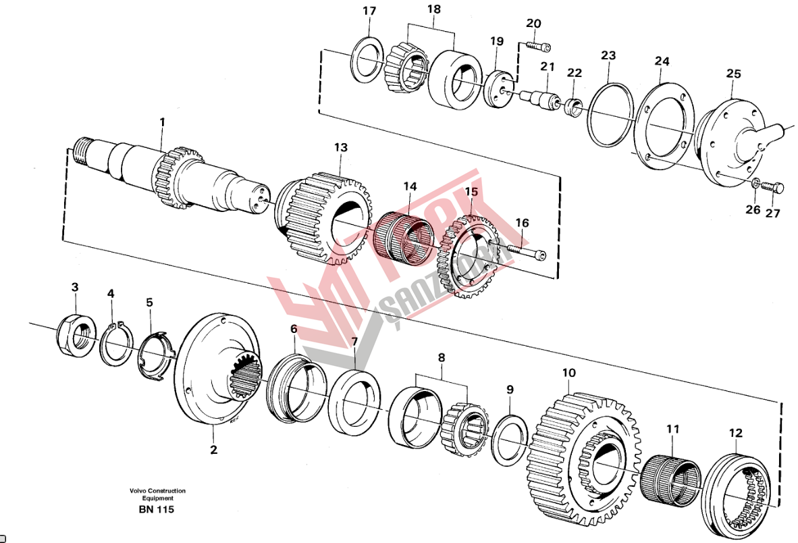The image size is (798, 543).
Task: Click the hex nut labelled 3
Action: (x=75, y=333)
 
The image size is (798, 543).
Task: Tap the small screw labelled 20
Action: (x=537, y=47)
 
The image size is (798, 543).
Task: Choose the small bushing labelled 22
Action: (x=574, y=107)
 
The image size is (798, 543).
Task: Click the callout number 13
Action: (x=340, y=147)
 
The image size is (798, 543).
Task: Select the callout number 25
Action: (x=733, y=72)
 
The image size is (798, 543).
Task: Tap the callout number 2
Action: (x=213, y=450)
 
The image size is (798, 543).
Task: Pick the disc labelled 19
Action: (x=498, y=88)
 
